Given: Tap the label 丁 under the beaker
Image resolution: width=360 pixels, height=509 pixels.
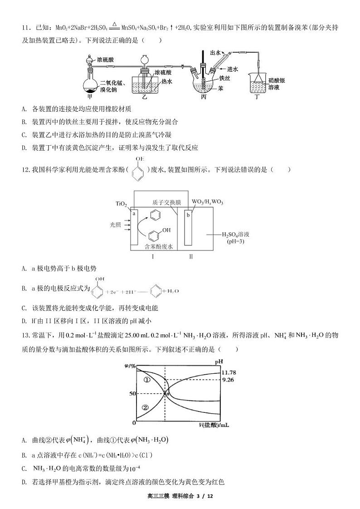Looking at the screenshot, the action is (257, 97).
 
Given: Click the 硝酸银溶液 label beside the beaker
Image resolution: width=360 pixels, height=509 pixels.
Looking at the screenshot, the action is (276, 83).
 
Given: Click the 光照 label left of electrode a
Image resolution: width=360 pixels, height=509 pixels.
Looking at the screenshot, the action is (116, 224).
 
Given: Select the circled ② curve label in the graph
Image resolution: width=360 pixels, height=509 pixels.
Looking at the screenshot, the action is (145, 407).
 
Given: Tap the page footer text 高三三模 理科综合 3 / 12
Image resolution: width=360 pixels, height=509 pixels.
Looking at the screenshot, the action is (180, 496).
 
